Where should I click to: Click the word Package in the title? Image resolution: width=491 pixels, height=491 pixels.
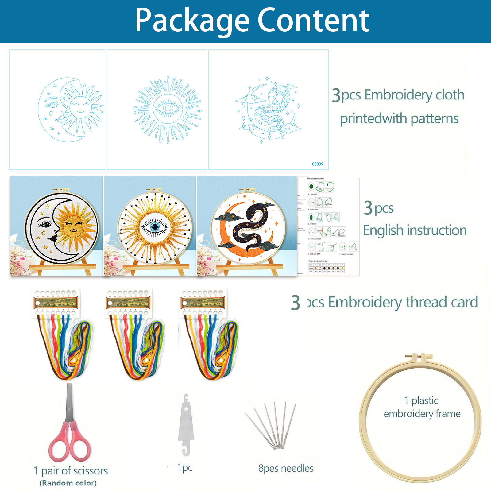pyautogui.click(x=192, y=21)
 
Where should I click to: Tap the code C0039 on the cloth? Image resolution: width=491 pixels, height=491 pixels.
pyautogui.click(x=317, y=164)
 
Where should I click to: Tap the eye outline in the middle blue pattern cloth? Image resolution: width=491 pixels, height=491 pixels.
pyautogui.click(x=168, y=108)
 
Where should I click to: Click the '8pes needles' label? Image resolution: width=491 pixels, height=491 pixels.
pyautogui.click(x=286, y=468)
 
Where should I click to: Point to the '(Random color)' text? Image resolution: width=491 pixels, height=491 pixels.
pyautogui.click(x=68, y=483)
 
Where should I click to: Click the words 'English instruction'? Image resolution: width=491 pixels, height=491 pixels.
pyautogui.click(x=415, y=230)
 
